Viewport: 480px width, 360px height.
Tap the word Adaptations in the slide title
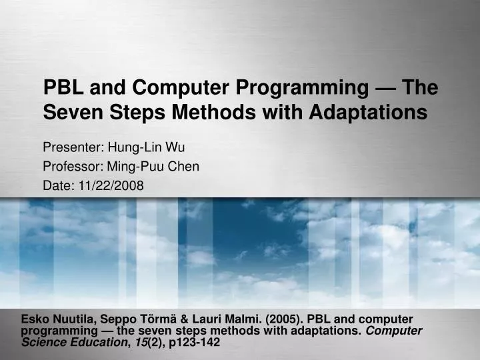(x=369, y=113)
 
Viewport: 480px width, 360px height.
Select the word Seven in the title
(x=69, y=113)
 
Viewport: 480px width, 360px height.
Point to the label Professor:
(x=69, y=167)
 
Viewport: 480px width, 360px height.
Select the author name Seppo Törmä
(x=134, y=319)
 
